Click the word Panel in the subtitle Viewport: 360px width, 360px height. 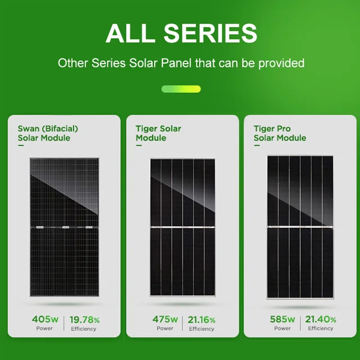click(x=173, y=62)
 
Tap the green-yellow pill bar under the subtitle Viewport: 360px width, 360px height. click(x=181, y=89)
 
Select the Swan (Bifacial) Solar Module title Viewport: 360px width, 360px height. click(x=48, y=133)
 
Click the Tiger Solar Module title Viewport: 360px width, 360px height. click(x=158, y=133)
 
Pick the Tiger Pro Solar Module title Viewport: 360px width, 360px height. click(x=280, y=133)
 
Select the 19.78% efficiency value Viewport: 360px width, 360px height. click(x=84, y=320)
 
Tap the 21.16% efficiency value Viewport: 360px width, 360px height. click(x=201, y=320)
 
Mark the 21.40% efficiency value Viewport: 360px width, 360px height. click(x=321, y=320)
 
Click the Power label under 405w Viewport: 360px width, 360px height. click(x=44, y=328)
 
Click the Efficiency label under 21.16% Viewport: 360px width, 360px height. click(x=201, y=329)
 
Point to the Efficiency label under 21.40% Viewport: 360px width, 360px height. click(x=321, y=328)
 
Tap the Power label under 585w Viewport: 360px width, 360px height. click(x=282, y=328)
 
